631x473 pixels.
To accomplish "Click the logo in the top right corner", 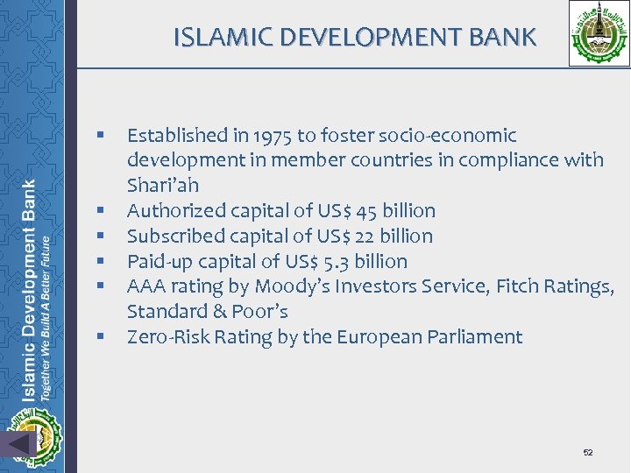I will coord(599,32).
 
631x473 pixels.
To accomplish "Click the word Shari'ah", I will coord(163,186).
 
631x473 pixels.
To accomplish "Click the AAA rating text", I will coord(146,286).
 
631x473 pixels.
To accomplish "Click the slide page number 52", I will coord(588,452).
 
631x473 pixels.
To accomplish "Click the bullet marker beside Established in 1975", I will coord(102,136).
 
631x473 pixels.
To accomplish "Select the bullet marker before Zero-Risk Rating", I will coord(102,337).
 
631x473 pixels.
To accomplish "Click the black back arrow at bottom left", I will coord(19,444).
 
